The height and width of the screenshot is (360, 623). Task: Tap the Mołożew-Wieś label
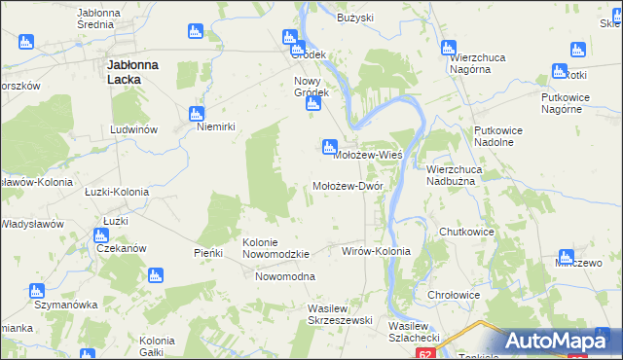pyautogui.click(x=368, y=155)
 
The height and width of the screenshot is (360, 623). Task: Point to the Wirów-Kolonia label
pyautogui.click(x=376, y=251)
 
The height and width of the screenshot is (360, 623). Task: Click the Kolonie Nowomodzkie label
pyautogui.click(x=275, y=248)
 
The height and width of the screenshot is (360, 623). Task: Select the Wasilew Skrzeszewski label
pyautogui.click(x=334, y=313)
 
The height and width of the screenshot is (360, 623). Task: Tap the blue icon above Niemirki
pyautogui.click(x=198, y=113)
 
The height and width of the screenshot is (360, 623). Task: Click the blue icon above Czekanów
pyautogui.click(x=100, y=234)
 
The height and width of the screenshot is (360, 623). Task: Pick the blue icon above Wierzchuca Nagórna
pyautogui.click(x=449, y=46)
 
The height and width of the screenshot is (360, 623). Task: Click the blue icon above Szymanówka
pyautogui.click(x=37, y=290)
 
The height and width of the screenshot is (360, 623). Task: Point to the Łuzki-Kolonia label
pyautogui.click(x=116, y=192)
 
